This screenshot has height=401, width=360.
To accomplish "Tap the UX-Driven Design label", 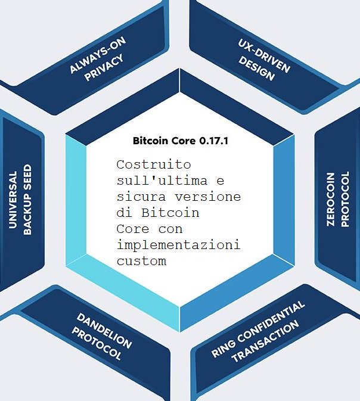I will coord(260,59).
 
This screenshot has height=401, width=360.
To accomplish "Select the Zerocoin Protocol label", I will coord(337,200).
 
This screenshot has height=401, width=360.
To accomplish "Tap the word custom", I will coord(141,260).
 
